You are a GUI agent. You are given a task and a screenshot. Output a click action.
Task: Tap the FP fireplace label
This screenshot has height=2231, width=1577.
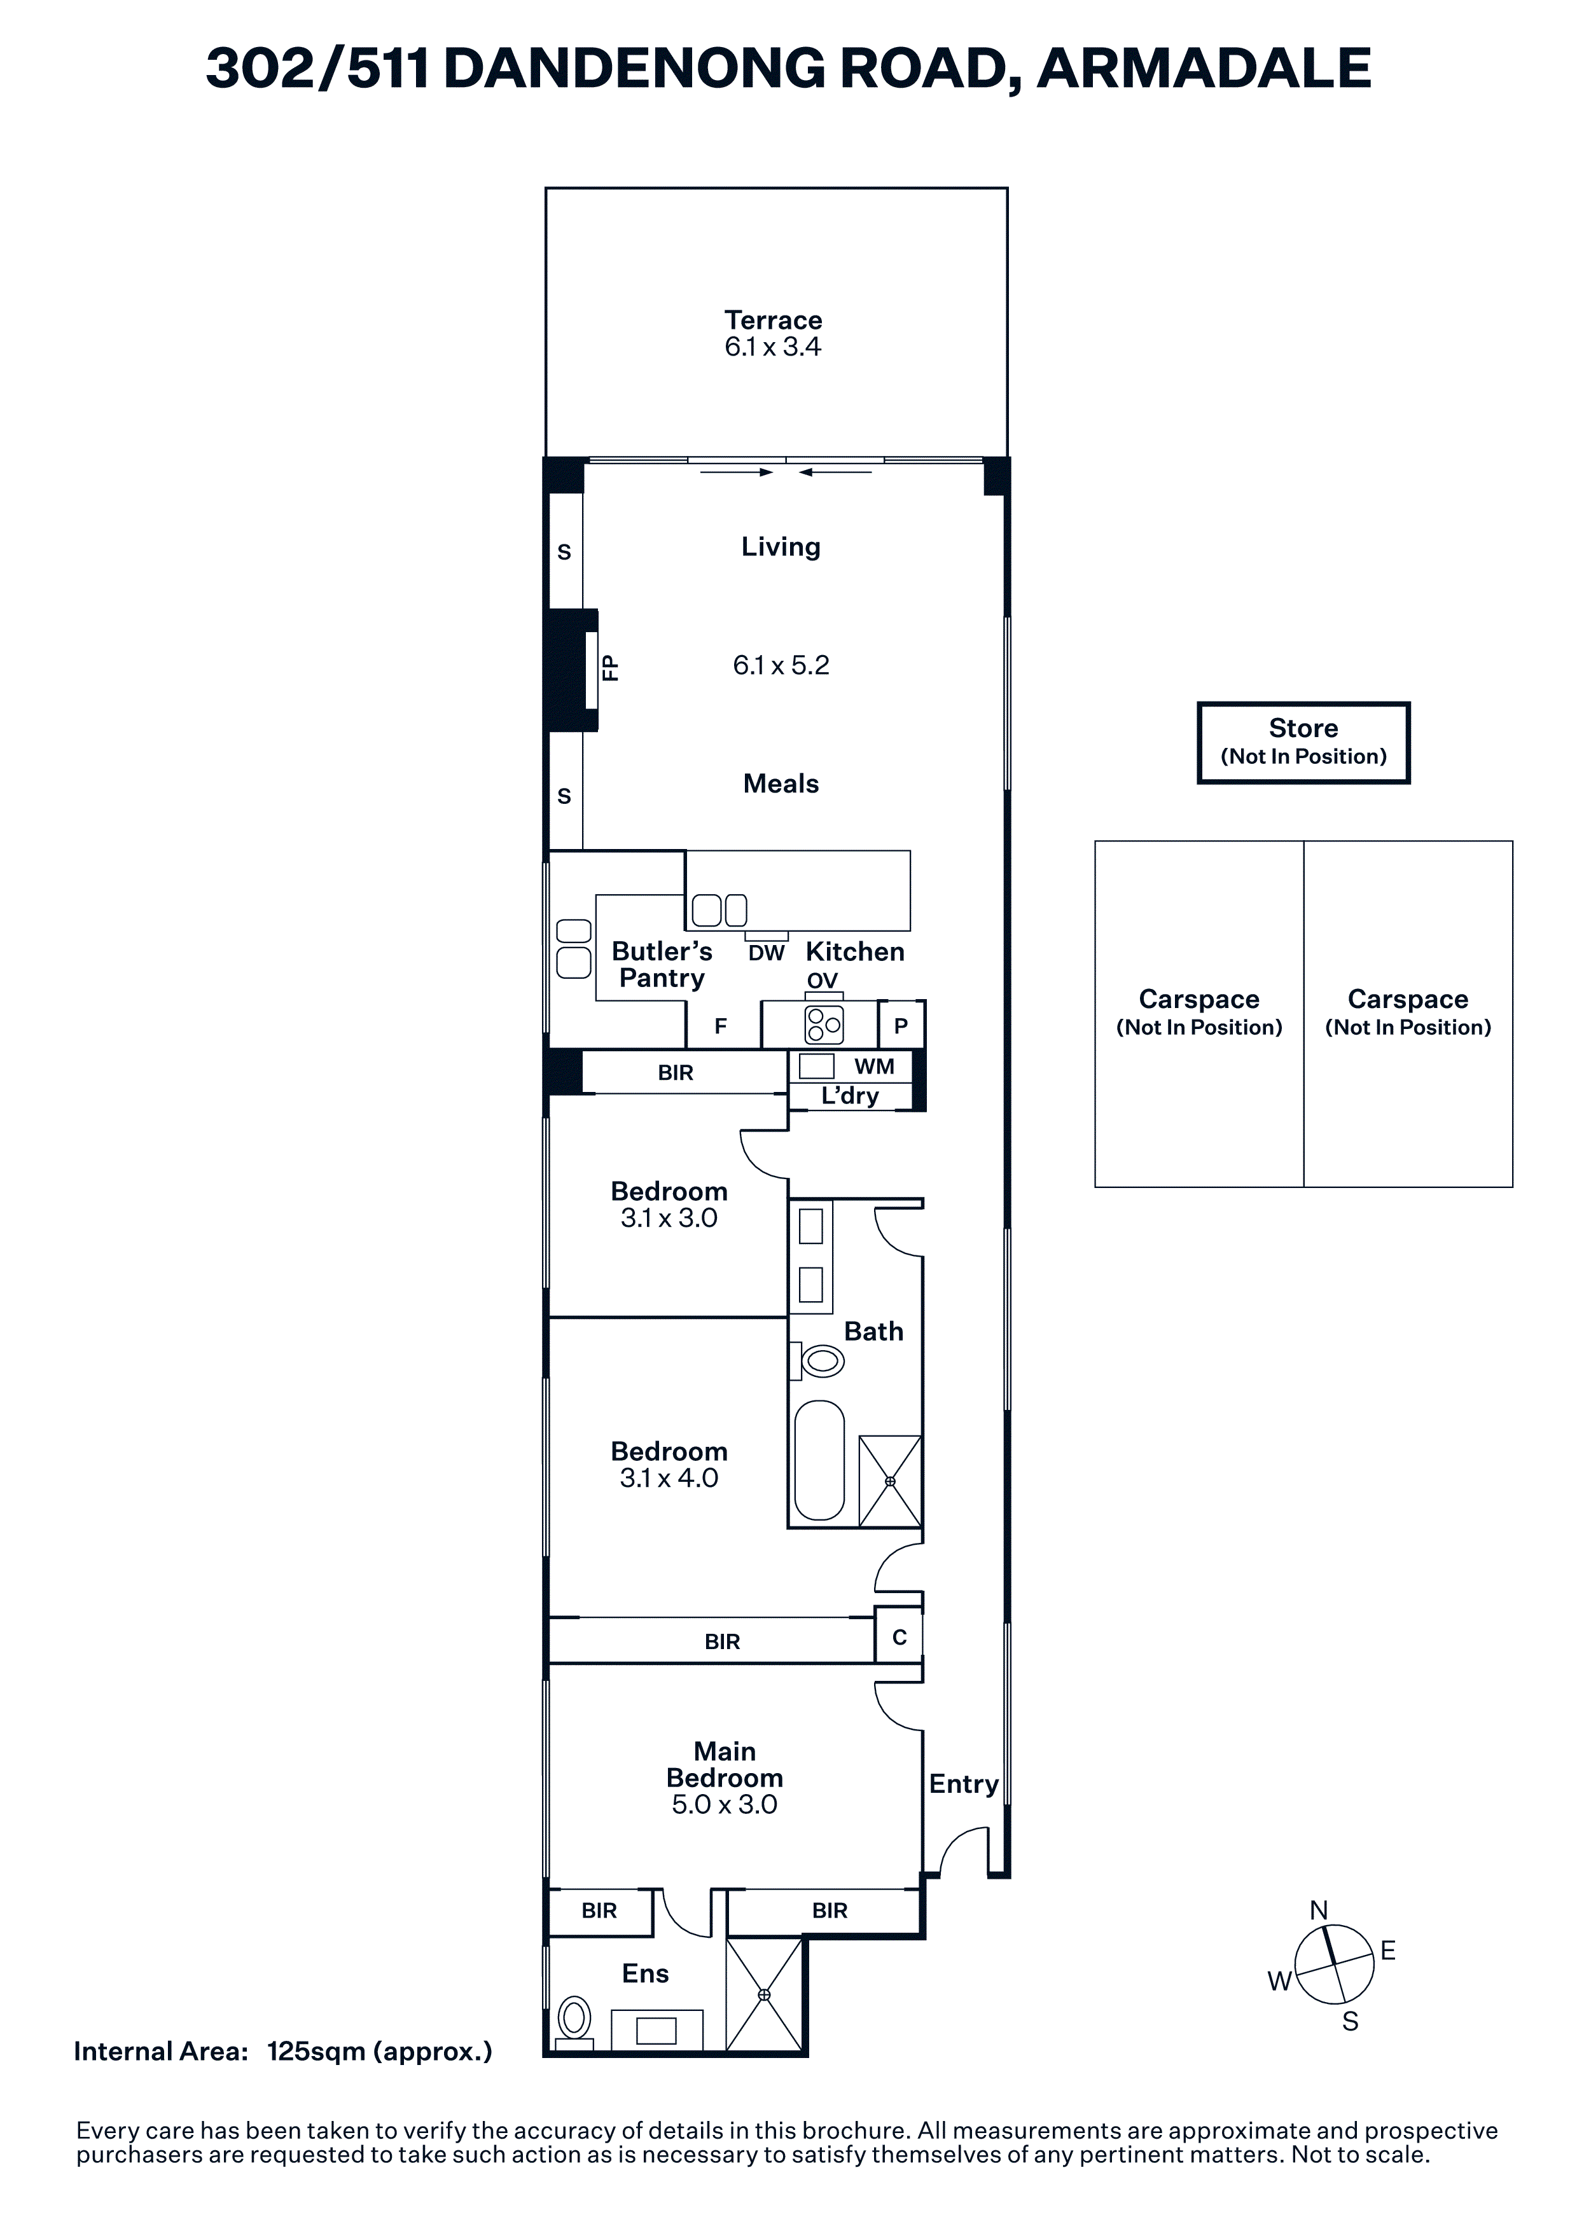tap(610, 668)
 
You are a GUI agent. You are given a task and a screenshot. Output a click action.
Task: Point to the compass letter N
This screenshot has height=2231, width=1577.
tap(1319, 1910)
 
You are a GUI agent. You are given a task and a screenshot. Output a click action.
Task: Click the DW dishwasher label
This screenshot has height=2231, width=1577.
tap(766, 953)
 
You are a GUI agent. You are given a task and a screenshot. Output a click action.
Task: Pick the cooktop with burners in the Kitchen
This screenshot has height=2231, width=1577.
tap(825, 1024)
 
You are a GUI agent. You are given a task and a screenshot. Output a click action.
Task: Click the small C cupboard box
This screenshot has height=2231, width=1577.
tap(899, 1637)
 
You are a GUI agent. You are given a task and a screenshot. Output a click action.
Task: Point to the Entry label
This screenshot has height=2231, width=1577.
tap(963, 1784)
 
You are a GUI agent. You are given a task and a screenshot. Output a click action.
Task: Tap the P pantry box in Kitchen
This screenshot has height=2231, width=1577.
tap(901, 1025)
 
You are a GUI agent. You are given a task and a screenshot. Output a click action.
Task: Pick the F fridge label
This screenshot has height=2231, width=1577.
tap(720, 1026)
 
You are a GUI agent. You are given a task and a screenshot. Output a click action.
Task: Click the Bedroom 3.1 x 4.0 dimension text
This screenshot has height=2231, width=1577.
tap(669, 1478)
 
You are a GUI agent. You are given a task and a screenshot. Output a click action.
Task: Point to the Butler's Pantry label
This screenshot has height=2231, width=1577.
tap(662, 965)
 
